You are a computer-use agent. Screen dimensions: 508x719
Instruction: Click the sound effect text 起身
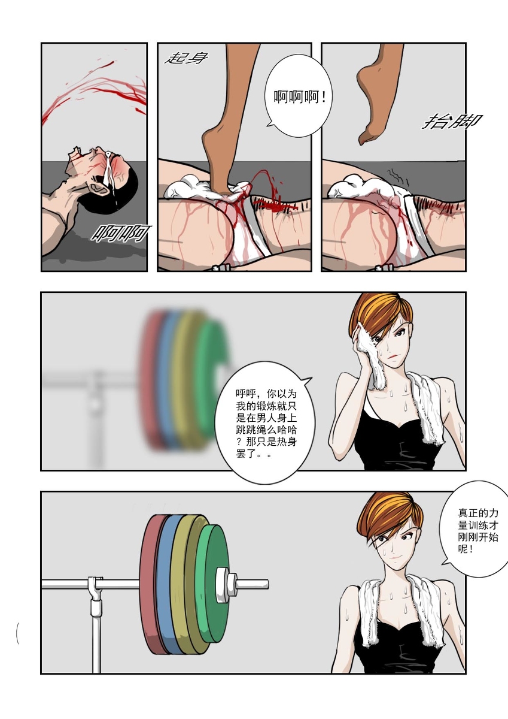click(x=186, y=59)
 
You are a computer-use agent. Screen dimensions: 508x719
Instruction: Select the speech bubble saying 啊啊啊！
click(x=299, y=96)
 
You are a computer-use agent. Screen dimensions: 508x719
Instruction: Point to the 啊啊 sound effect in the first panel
click(x=120, y=233)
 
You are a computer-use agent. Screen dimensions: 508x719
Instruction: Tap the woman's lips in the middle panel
click(x=393, y=357)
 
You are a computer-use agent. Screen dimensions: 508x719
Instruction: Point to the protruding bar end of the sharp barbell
click(x=253, y=584)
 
